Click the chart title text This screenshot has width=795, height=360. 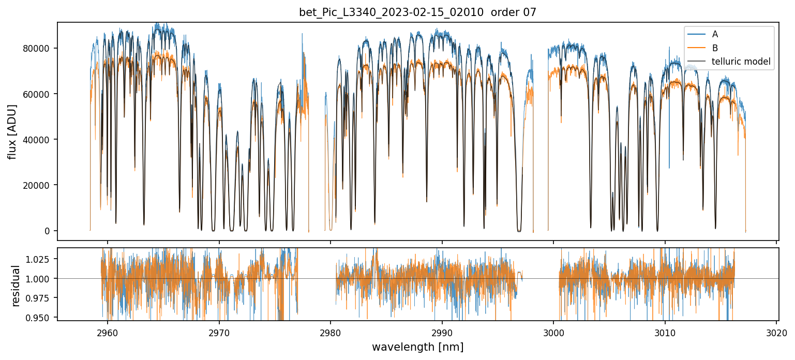point(417,12)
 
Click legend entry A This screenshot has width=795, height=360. point(715,34)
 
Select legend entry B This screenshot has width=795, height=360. point(715,48)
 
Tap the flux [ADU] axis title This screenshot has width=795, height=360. point(12,131)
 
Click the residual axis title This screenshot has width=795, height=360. point(16,286)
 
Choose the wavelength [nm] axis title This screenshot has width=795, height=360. point(417,347)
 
